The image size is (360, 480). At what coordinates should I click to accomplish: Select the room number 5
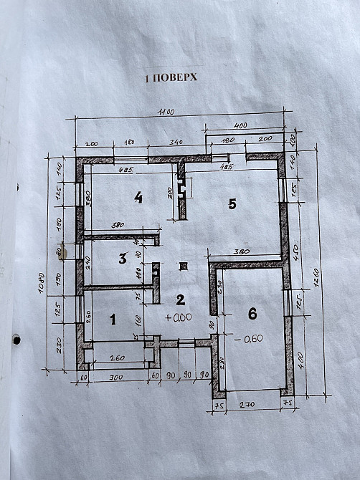click(x=232, y=204)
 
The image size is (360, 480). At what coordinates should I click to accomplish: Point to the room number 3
click(x=123, y=258)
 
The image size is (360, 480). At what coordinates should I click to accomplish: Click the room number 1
click(x=112, y=320)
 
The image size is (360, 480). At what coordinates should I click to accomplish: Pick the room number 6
click(x=252, y=313)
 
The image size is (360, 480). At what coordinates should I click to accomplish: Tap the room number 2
click(x=181, y=300)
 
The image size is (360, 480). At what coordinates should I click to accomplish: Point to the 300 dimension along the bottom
click(x=117, y=378)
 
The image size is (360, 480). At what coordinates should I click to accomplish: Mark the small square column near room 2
click(x=184, y=267)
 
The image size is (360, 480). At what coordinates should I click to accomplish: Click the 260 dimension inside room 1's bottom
click(x=117, y=357)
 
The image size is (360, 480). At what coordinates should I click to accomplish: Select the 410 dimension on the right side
click(x=295, y=251)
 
